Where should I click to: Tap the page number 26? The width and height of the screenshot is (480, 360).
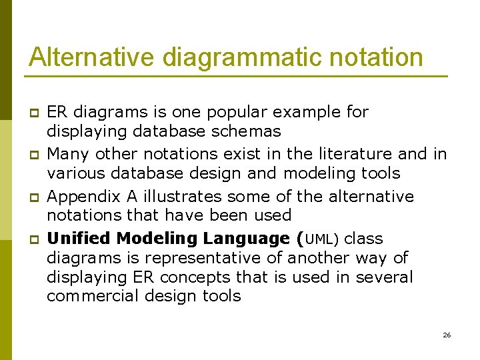[447, 335]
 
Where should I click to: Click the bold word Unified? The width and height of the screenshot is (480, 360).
[75, 239]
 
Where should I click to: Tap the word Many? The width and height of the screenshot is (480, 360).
[67, 155]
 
